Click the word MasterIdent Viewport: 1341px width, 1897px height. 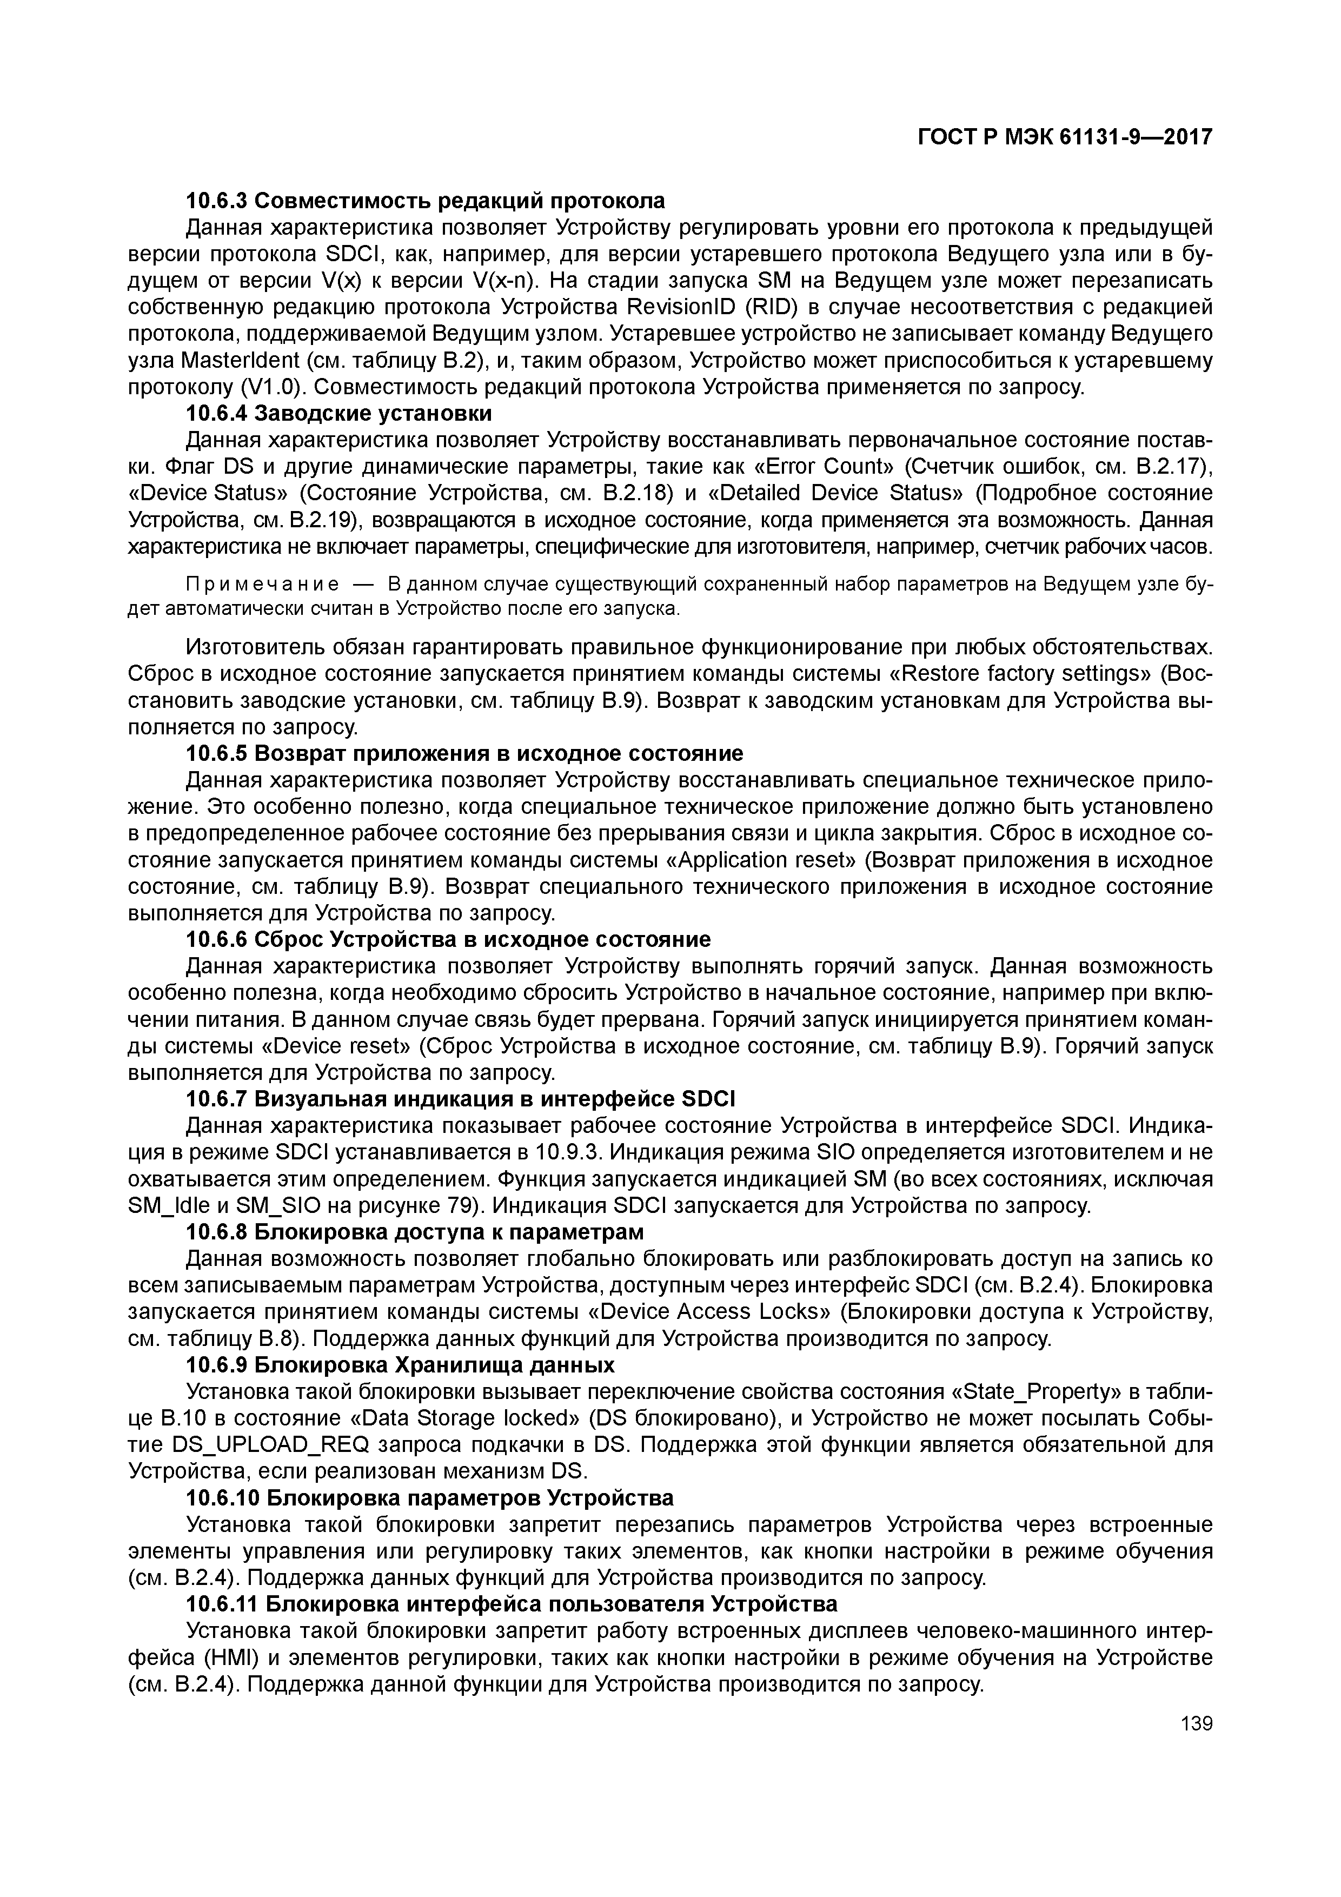(x=239, y=360)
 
